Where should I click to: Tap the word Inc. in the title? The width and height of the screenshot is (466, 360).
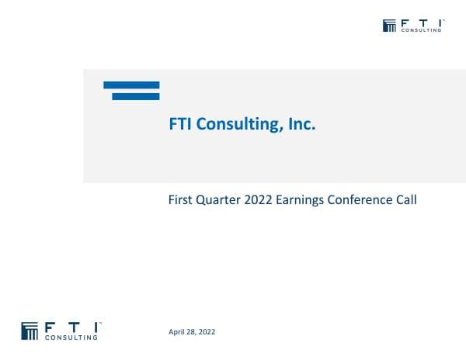[301, 124]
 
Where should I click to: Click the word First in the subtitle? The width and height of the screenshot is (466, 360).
[180, 200]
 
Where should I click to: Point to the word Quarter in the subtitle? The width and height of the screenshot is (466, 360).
[219, 200]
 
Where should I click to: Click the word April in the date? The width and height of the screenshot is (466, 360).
[177, 332]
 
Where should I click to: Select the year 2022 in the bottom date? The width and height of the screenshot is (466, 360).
[207, 332]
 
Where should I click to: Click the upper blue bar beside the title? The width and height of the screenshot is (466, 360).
[131, 85]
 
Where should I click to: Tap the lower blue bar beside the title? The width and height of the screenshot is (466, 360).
[135, 96]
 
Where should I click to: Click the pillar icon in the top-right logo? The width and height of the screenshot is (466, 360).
[390, 26]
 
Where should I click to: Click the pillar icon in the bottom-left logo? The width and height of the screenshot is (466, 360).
[30, 330]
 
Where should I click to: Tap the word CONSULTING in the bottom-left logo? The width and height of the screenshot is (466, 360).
[72, 337]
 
